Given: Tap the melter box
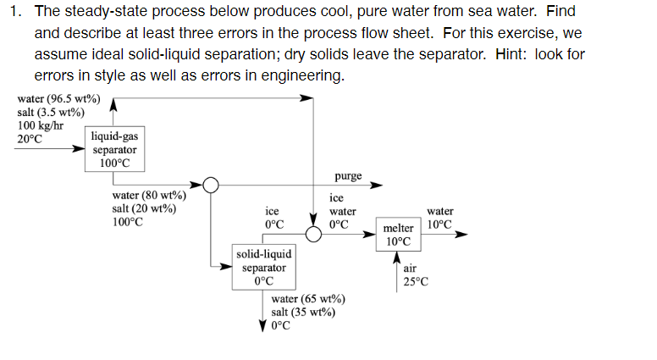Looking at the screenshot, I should coord(398,235).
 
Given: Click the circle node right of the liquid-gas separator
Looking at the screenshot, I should coord(210,185).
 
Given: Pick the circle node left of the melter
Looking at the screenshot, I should coord(314,235).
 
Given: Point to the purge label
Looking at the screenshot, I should coord(348,176).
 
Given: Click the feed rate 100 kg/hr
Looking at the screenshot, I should coord(41,125).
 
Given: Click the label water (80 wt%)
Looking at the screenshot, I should coord(149,197).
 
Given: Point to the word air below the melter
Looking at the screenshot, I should coord(411,269).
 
